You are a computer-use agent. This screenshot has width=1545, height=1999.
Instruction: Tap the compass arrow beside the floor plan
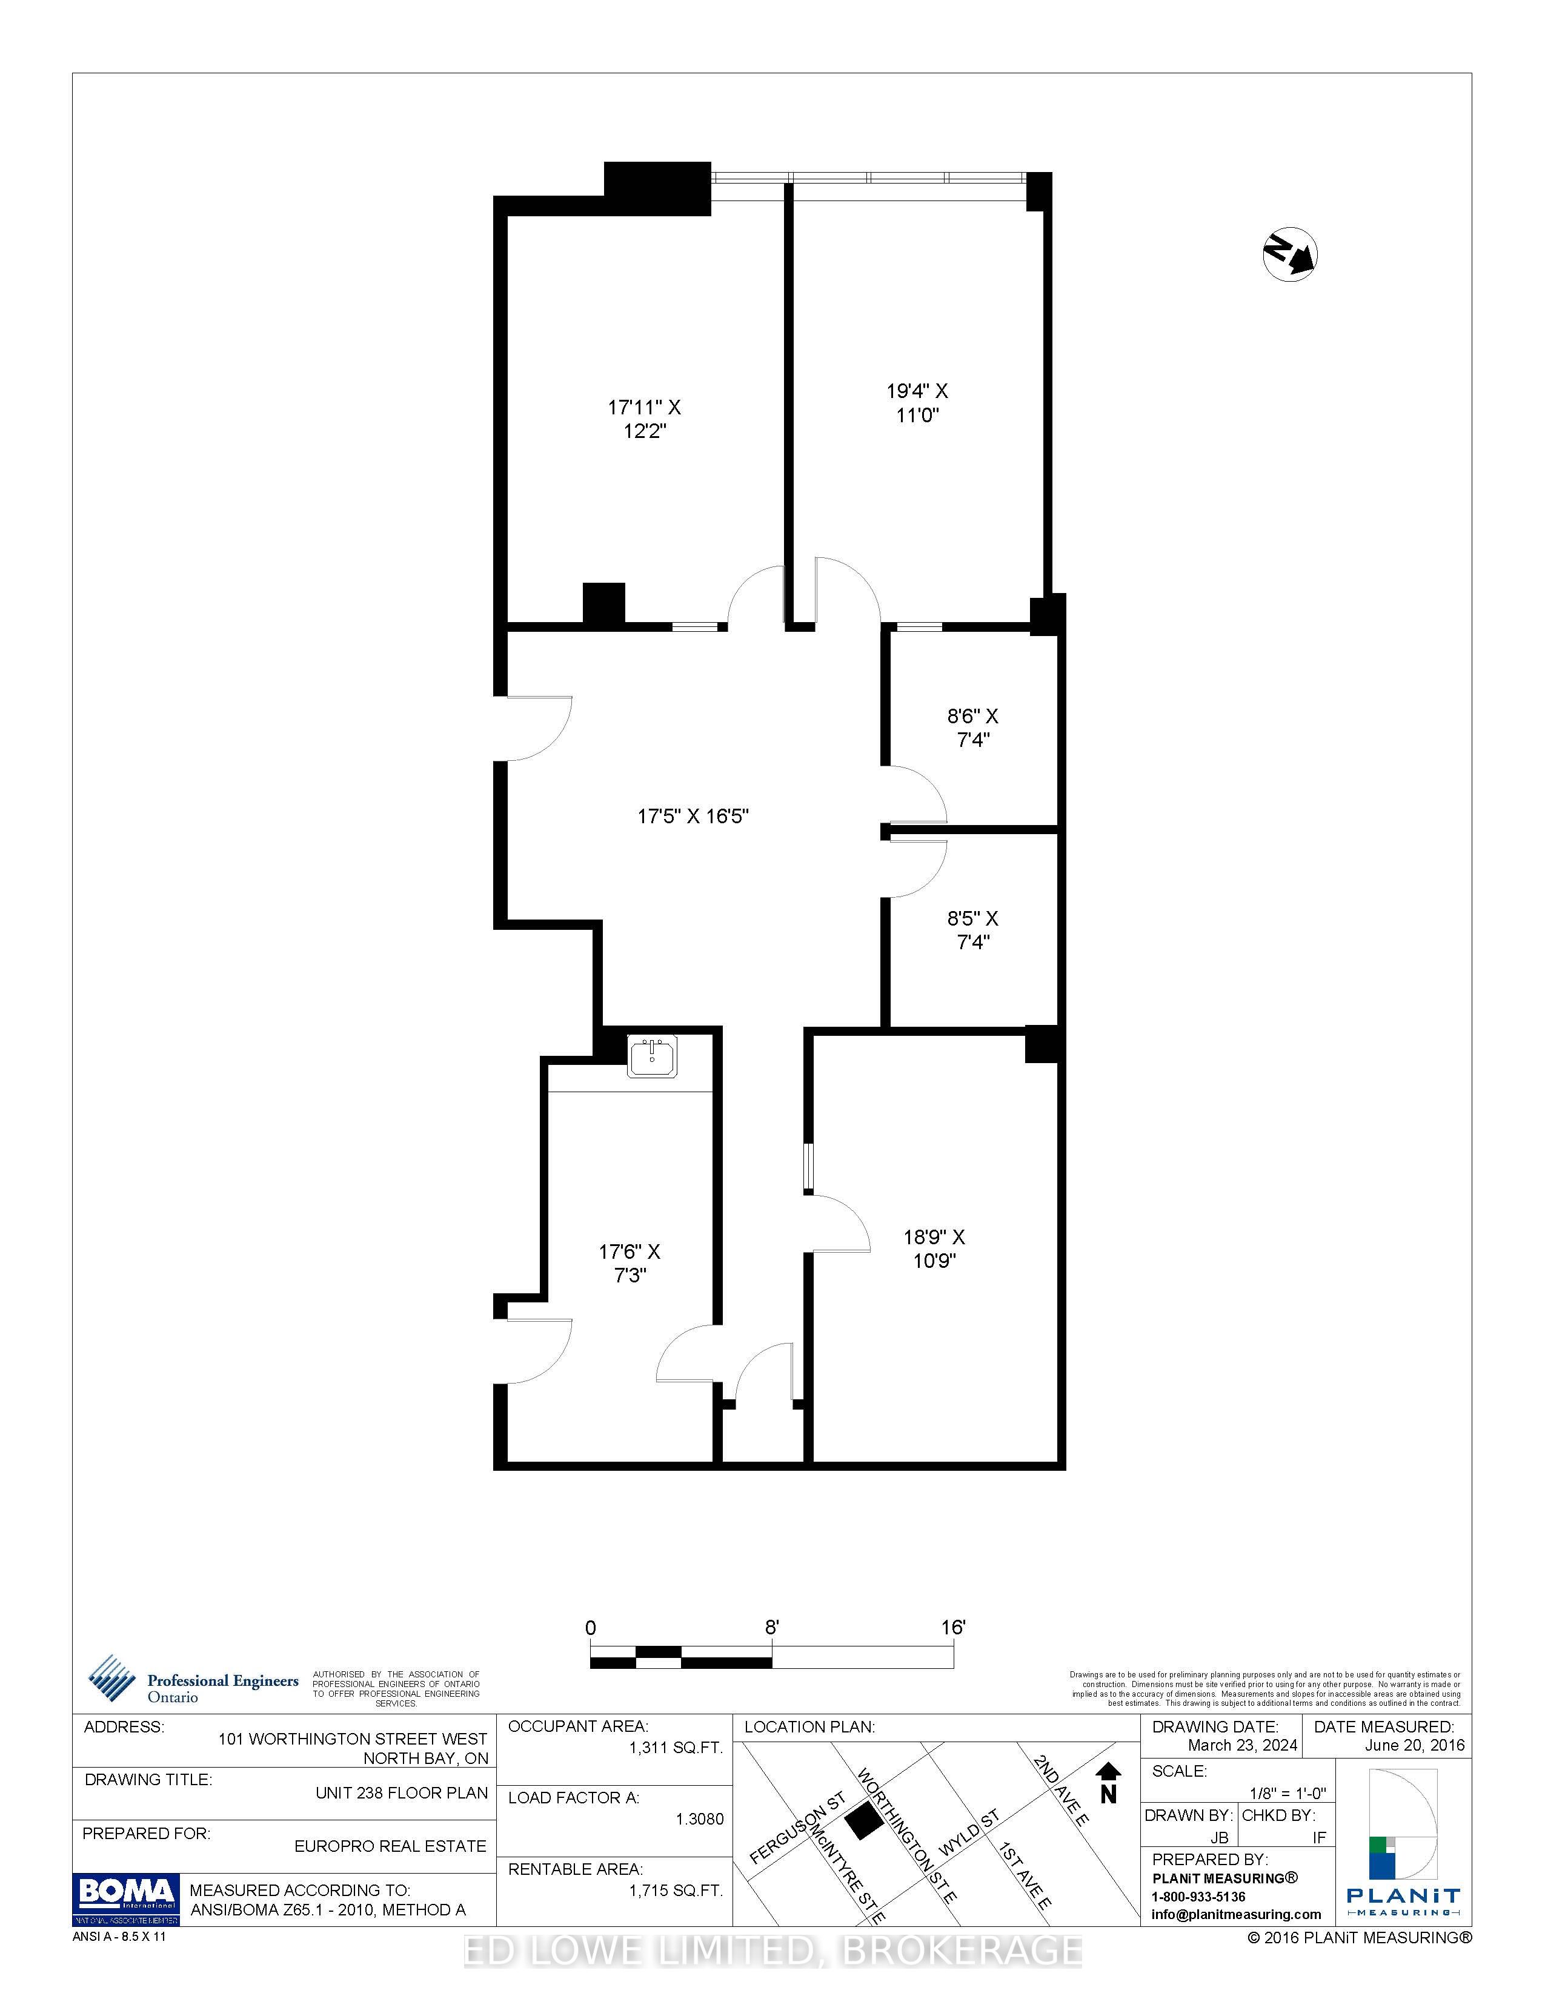(1290, 254)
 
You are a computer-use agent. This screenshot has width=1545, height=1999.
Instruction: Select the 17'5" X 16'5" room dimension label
(693, 815)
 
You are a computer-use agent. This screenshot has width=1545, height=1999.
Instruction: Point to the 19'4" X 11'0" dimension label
(917, 403)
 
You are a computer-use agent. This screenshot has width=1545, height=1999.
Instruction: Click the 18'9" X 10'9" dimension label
(934, 1248)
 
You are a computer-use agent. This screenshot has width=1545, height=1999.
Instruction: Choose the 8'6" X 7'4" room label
(973, 728)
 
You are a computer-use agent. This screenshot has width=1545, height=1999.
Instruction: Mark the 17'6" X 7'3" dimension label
(630, 1263)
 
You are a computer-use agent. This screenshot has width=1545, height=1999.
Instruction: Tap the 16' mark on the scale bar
(953, 1628)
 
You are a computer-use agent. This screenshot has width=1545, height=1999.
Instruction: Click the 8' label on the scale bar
(772, 1628)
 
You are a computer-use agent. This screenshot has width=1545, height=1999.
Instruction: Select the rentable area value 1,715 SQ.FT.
(676, 1890)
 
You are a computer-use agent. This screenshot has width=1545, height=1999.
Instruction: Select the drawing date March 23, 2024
(1242, 1745)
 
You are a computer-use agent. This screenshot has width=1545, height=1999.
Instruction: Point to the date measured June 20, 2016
(1414, 1745)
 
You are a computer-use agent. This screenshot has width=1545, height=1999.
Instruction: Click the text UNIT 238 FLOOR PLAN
(402, 1792)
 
